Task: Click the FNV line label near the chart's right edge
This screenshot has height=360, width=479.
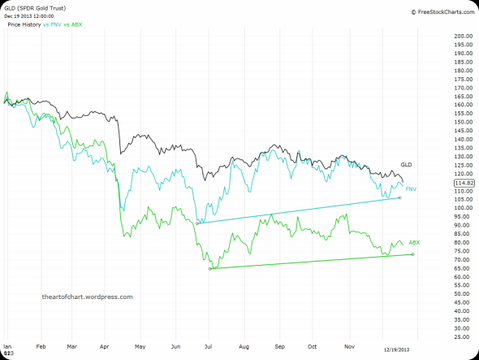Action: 411,189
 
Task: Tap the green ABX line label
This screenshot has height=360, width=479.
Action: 414,242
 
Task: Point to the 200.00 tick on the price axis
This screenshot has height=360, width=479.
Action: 464,37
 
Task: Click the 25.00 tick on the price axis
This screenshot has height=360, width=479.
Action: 464,336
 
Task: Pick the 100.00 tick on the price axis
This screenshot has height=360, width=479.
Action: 464,208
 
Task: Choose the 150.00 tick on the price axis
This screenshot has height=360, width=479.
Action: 464,122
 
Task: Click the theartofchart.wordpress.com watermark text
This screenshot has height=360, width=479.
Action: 87,297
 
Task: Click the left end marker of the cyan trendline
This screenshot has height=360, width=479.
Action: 197,223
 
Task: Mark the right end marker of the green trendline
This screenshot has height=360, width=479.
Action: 412,254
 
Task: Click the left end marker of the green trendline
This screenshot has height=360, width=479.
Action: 210,268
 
